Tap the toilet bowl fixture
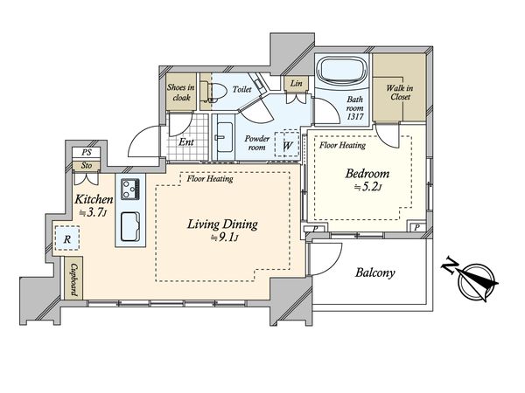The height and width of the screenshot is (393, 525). coord(213,91)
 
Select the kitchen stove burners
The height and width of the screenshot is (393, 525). coord(130,189)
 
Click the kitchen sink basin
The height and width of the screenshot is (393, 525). coord(130,226)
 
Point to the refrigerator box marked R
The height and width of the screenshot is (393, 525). coord(67,238)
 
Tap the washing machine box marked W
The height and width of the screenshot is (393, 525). coord(287,144)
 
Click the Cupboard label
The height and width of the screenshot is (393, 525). coord(74,280)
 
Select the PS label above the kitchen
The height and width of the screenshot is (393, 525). coord(87,153)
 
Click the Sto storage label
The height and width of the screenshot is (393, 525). coord(87,165)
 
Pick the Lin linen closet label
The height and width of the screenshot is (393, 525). coord(296,83)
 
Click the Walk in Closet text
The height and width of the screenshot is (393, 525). coord(400,93)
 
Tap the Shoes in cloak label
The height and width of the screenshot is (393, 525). coord(181,93)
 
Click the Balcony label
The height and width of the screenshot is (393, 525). coord(375,273)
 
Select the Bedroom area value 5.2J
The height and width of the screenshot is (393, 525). coord(368,187)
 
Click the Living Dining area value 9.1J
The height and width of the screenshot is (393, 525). coord(224,238)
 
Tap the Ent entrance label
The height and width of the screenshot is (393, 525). coord(186,141)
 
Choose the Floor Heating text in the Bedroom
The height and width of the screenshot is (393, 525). coord(342,145)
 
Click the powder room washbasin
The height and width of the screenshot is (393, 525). coord(224,137)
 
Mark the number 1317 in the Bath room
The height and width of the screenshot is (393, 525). coord(354,117)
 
